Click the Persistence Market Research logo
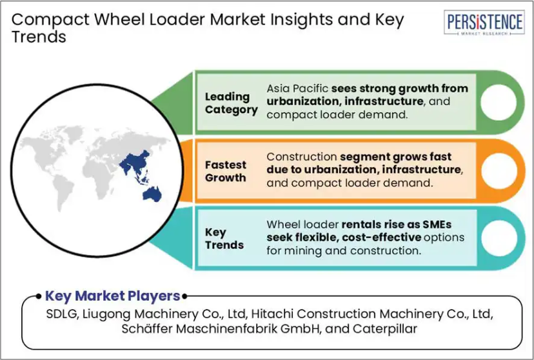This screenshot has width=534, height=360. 484,23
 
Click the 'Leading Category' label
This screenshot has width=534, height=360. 232,103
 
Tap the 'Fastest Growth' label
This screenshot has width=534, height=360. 226,172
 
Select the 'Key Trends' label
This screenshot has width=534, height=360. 224,239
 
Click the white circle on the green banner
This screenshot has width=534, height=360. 499,102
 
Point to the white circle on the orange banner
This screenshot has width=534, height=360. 499,170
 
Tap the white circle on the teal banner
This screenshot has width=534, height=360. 499,239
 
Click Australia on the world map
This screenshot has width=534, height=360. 152,194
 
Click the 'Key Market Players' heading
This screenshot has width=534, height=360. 112,296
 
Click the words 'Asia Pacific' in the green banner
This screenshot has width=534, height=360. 297,88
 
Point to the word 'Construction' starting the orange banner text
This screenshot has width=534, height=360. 301,157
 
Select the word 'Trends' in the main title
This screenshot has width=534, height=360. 39,37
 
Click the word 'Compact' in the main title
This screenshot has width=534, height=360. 51,19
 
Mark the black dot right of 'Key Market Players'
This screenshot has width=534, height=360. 184,296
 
